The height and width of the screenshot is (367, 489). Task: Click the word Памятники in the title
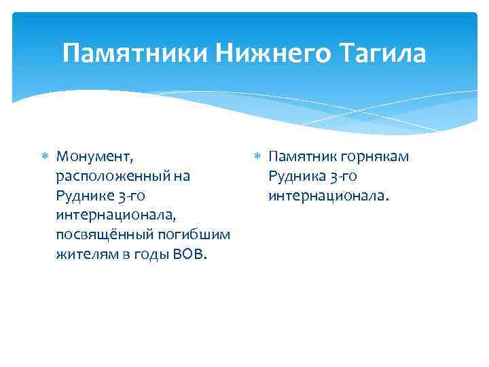(136, 53)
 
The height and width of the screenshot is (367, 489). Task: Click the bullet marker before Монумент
(46, 157)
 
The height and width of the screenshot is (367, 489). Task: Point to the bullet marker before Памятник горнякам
(257, 157)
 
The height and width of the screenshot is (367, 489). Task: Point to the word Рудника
(296, 177)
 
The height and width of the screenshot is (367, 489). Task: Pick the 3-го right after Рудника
(344, 177)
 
